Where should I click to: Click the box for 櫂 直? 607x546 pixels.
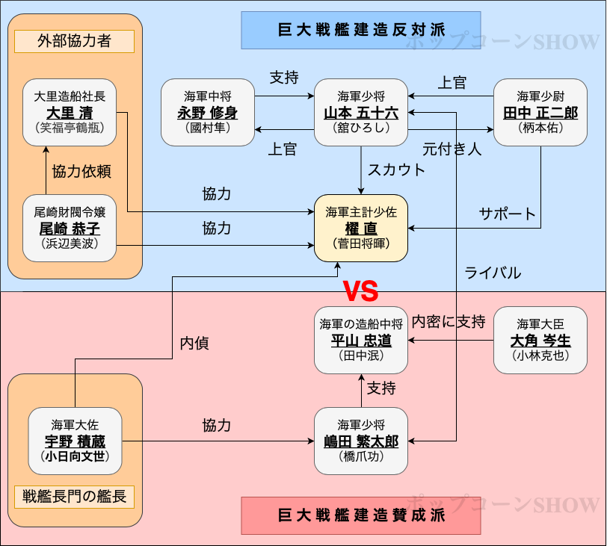[361, 228]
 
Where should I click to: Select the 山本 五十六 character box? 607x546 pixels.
[361, 112]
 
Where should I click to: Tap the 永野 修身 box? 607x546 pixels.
[208, 112]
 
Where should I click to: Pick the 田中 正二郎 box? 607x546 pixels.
[540, 112]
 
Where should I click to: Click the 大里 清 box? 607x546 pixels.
[70, 112]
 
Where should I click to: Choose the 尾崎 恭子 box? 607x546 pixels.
[70, 228]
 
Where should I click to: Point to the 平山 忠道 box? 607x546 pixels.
[361, 340]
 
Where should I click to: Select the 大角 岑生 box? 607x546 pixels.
[540, 340]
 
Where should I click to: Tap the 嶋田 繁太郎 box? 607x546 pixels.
[361, 441]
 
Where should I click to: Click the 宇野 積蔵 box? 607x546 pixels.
[75, 441]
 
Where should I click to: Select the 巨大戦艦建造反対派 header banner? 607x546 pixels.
[361, 30]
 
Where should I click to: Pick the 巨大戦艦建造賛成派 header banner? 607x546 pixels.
[361, 515]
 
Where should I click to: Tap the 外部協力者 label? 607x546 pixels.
[74, 41]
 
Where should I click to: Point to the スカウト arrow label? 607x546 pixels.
[396, 170]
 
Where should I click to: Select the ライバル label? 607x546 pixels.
[493, 273]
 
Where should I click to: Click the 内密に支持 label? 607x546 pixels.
[449, 322]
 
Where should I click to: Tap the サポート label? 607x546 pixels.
[508, 214]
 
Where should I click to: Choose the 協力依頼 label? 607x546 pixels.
[81, 172]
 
